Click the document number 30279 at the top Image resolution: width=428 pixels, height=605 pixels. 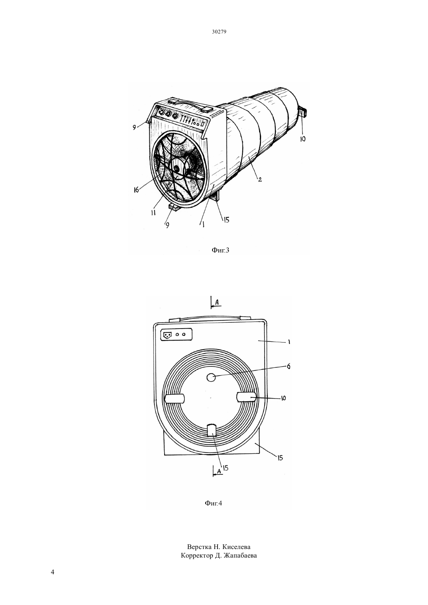(219, 31)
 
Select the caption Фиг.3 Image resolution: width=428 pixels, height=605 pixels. (220, 250)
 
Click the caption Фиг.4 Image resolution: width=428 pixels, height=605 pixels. (214, 503)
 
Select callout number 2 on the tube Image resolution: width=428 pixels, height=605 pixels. (260, 179)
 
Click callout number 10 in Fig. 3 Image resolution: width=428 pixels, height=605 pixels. (303, 139)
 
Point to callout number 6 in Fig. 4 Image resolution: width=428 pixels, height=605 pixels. (288, 366)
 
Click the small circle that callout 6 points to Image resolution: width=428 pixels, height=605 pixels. (211, 378)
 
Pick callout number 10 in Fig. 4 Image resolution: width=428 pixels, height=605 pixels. (283, 398)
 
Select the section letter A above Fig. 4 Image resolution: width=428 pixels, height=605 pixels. (217, 303)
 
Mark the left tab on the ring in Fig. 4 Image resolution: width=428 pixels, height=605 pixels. (175, 399)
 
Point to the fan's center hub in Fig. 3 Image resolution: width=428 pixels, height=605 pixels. (177, 168)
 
